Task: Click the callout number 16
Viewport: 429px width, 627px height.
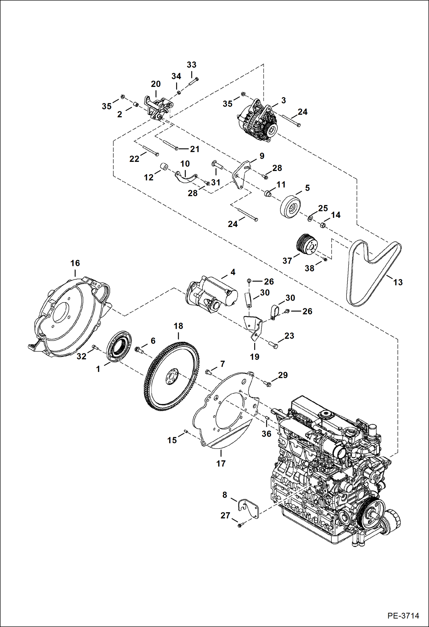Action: point(75,263)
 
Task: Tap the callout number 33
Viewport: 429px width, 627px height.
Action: point(192,65)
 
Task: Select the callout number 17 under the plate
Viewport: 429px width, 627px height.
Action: point(221,463)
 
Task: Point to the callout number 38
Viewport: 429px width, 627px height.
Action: point(309,268)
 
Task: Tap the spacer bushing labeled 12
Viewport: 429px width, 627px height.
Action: point(164,166)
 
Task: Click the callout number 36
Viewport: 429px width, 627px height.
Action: point(266,434)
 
